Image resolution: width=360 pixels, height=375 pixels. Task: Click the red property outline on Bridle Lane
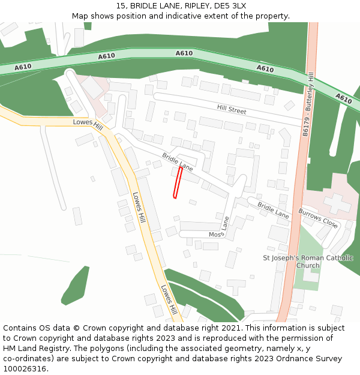point(177,182)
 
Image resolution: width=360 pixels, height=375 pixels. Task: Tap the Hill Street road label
point(232,110)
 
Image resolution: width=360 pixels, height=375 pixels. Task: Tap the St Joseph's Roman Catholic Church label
point(308,262)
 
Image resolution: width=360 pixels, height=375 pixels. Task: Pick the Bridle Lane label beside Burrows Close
point(273,210)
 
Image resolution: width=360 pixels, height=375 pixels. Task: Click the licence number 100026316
point(24,369)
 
